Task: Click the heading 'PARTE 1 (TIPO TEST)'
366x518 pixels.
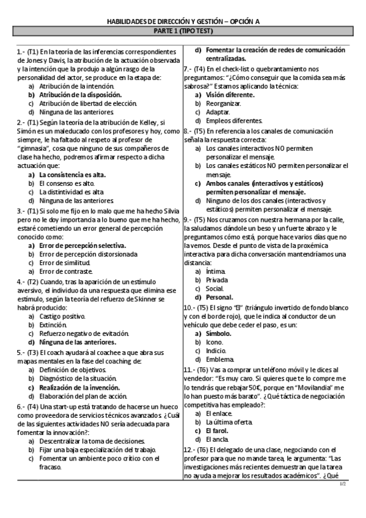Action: coord(183,29)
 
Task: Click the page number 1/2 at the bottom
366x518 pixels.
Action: coord(342,501)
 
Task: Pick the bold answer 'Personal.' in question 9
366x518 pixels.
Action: coord(219,297)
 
